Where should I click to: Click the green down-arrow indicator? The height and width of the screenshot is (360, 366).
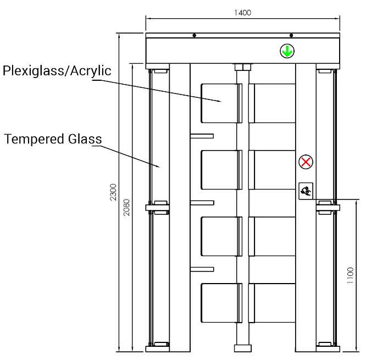click(x=286, y=52)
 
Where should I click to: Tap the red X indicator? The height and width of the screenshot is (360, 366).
click(x=306, y=162)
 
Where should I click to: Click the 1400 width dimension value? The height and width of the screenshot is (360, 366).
click(x=242, y=13)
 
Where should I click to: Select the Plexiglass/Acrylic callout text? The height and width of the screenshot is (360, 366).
click(x=58, y=71)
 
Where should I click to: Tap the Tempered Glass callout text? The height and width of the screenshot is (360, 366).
click(x=53, y=140)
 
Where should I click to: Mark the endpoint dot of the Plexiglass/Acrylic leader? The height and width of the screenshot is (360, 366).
click(x=222, y=101)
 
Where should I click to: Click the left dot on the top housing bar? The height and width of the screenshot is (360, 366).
click(x=193, y=36)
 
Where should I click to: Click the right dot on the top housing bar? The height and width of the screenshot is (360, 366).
click(x=291, y=36)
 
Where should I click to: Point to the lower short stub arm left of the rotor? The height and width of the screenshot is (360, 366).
click(x=202, y=269)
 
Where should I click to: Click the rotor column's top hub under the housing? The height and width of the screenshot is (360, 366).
click(x=242, y=68)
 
